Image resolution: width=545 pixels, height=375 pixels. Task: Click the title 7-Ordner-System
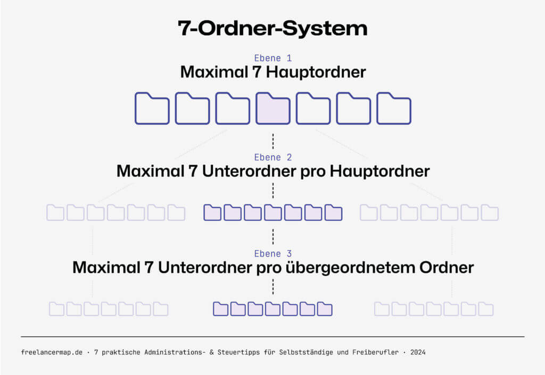click(x=272, y=29)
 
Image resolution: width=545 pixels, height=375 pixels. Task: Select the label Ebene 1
click(x=272, y=58)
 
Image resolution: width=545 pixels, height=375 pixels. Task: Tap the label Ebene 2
click(x=272, y=157)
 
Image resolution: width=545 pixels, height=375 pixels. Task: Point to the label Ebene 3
click(x=272, y=254)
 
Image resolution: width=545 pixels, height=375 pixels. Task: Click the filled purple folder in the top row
click(x=272, y=108)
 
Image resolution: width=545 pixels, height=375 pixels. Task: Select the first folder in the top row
click(x=152, y=108)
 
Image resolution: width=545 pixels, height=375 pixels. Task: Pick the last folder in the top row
click(x=393, y=108)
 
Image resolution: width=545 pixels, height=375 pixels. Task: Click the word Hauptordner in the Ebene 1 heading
click(x=316, y=72)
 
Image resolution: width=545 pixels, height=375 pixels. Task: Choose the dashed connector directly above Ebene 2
click(x=272, y=141)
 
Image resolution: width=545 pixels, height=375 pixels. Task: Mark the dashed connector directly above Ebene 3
click(x=272, y=235)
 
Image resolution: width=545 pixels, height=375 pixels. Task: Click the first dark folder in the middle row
click(x=212, y=212)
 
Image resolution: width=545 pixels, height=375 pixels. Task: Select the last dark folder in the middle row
click(x=333, y=212)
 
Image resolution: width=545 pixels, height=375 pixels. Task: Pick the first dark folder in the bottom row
click(x=221, y=309)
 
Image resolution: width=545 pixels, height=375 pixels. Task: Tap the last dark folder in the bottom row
click(x=324, y=309)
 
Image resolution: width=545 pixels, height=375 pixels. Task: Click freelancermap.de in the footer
click(x=52, y=352)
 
